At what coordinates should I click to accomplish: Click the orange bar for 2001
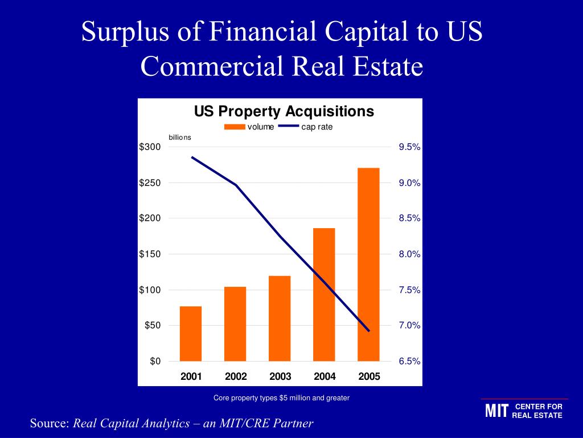(191, 334)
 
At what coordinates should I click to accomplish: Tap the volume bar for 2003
(280, 318)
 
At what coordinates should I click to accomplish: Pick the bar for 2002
(235, 323)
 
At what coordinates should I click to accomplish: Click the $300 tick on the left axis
(150, 147)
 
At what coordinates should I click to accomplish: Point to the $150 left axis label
(150, 254)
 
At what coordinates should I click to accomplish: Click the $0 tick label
(155, 361)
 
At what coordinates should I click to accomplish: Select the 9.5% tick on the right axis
(409, 147)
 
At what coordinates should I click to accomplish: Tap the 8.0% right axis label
(409, 254)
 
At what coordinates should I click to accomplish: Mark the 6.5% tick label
(409, 361)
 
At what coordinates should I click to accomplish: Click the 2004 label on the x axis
(325, 376)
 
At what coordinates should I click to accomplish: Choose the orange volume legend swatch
(235, 127)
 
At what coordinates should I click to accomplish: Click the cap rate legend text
(317, 127)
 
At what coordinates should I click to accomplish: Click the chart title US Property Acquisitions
(284, 111)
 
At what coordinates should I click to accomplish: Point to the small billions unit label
(180, 137)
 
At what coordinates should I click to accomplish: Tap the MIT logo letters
(496, 411)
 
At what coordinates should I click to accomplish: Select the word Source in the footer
(49, 423)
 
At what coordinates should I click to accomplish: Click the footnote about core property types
(281, 398)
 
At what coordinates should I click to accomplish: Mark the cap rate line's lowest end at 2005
(369, 331)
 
